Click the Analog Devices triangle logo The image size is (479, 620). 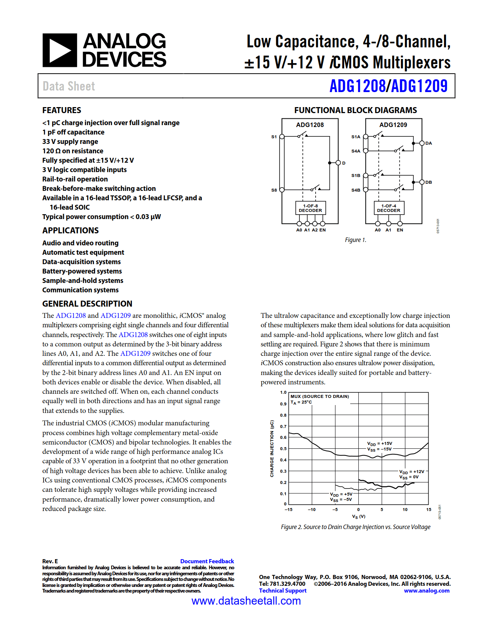(60, 50)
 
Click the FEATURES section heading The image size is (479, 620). (62, 110)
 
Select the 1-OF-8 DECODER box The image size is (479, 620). (310, 208)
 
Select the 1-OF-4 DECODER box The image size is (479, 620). (388, 208)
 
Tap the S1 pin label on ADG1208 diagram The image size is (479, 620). (274, 137)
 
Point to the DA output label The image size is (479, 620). (428, 143)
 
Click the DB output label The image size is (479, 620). (428, 182)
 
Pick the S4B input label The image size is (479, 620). (356, 190)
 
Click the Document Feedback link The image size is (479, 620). (207, 561)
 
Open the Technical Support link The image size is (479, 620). (283, 590)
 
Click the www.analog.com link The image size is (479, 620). (426, 590)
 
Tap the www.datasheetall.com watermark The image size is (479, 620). (246, 600)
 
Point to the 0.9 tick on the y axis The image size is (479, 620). (283, 404)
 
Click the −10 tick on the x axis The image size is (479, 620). (311, 510)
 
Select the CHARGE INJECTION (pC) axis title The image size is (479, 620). (272, 449)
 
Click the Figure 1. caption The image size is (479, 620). (355, 240)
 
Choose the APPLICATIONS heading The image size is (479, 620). (70, 230)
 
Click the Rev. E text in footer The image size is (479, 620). (50, 561)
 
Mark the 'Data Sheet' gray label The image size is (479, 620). (69, 86)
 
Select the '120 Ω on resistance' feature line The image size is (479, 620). (73, 151)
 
